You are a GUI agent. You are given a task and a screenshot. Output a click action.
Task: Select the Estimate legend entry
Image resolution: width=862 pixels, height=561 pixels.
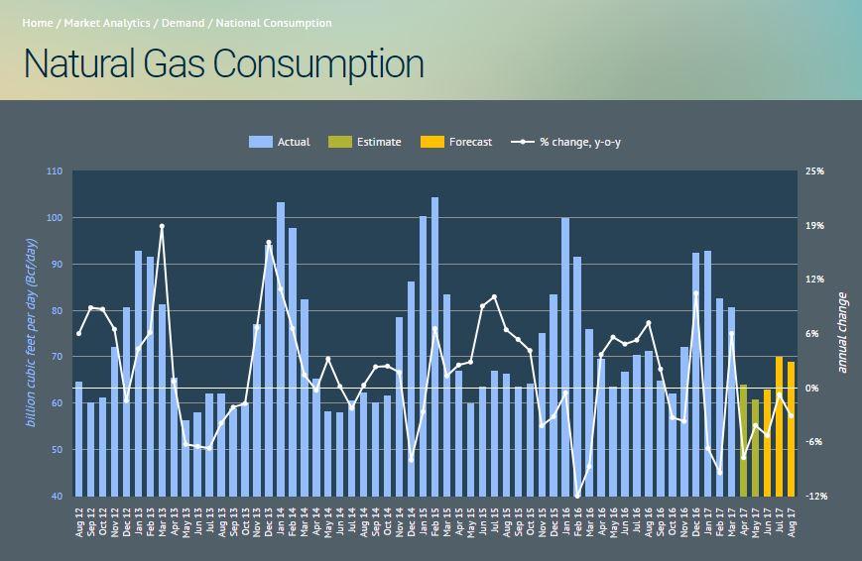[x=366, y=142]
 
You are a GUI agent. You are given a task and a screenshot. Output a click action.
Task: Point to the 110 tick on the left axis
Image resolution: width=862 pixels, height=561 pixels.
[x=54, y=171]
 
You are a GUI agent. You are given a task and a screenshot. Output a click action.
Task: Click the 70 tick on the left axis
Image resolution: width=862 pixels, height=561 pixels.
[x=56, y=357]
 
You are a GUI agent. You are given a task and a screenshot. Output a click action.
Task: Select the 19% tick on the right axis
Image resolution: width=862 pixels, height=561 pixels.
[x=813, y=226]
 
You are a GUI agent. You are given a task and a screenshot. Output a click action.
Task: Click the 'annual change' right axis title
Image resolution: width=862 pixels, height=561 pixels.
[x=842, y=333]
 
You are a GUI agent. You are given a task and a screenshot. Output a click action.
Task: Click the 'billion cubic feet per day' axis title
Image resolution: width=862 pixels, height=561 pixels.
[x=31, y=333]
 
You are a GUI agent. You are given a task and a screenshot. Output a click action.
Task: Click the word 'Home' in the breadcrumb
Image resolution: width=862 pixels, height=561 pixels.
[x=37, y=23]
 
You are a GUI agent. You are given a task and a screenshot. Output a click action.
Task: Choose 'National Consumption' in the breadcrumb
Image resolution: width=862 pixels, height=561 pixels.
[x=274, y=23]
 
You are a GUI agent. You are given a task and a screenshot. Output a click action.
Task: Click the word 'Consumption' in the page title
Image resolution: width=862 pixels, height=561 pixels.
[x=318, y=63]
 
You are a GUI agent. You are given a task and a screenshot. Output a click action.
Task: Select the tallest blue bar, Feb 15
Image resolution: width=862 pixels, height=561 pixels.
[x=434, y=347]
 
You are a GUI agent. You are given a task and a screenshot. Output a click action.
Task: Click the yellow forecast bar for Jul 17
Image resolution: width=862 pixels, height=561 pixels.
[x=779, y=426]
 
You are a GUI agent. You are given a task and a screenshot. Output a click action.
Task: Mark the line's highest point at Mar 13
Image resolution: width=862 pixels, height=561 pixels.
[x=162, y=227]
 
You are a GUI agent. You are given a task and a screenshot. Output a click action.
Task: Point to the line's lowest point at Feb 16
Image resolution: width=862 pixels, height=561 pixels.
[x=577, y=496]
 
